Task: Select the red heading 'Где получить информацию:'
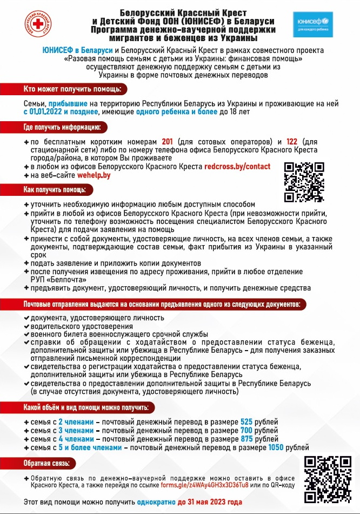click(x=62, y=127)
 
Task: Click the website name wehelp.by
click(x=94, y=176)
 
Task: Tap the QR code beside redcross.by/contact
click(x=304, y=182)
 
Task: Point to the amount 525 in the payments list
click(x=246, y=421)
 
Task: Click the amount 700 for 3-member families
click(x=246, y=430)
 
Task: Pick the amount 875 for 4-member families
click(x=246, y=439)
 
